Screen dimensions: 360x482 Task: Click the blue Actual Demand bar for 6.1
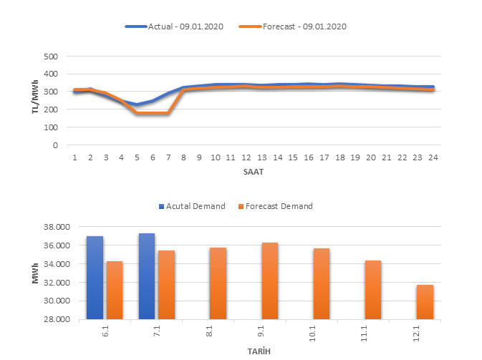pos(95,277)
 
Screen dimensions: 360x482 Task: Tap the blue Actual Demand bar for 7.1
pos(147,276)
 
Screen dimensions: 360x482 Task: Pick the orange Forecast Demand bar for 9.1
pos(269,281)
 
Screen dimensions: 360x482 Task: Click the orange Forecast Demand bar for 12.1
pos(425,301)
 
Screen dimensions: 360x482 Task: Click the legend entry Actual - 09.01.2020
pos(175,26)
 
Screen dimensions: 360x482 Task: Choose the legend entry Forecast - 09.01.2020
pos(304,26)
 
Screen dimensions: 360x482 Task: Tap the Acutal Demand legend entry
pos(192,206)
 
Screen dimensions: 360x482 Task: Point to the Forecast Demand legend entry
pos(275,206)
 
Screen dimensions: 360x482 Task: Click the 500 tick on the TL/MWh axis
pos(51,56)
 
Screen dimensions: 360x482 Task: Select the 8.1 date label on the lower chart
pos(218,334)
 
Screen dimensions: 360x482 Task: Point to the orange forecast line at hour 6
pos(153,113)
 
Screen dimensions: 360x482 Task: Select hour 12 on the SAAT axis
pos(246,157)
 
